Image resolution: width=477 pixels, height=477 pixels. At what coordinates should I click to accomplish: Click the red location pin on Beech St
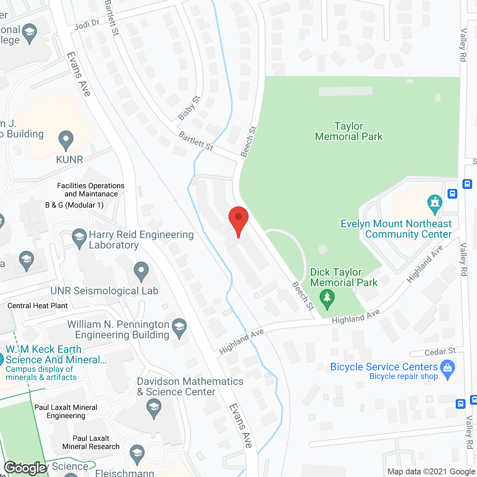pos(238,220)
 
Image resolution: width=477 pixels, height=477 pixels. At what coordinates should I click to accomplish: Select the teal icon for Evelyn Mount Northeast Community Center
pos(435,203)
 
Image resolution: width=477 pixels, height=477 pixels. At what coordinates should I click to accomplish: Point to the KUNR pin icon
pos(66,140)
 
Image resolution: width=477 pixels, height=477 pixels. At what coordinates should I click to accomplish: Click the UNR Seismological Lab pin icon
pos(141,271)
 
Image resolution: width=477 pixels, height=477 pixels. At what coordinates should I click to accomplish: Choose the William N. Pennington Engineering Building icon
pos(179,328)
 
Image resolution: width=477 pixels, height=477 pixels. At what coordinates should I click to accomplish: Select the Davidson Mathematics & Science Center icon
pos(154,408)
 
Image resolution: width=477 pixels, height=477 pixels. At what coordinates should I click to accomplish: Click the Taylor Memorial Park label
pos(348,131)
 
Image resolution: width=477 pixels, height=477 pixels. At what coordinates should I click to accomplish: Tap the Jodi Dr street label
pos(87,25)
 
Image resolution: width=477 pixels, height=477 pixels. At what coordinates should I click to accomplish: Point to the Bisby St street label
pos(189,108)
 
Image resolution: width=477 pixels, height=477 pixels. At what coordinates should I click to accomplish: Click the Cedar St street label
pos(440,351)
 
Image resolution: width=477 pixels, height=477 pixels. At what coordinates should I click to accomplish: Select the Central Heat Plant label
pos(38,306)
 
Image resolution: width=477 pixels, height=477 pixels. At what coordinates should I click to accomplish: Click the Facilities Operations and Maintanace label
pos(91,190)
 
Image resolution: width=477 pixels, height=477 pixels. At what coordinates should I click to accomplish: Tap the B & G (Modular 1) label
pos(75,205)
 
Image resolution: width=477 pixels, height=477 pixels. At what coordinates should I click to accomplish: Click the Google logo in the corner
pos(25,468)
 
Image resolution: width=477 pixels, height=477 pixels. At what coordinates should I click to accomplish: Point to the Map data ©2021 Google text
pos(431,472)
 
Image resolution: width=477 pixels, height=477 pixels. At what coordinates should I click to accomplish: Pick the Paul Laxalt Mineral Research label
pos(91,442)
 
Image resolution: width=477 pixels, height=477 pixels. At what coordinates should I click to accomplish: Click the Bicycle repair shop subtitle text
pos(404,376)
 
